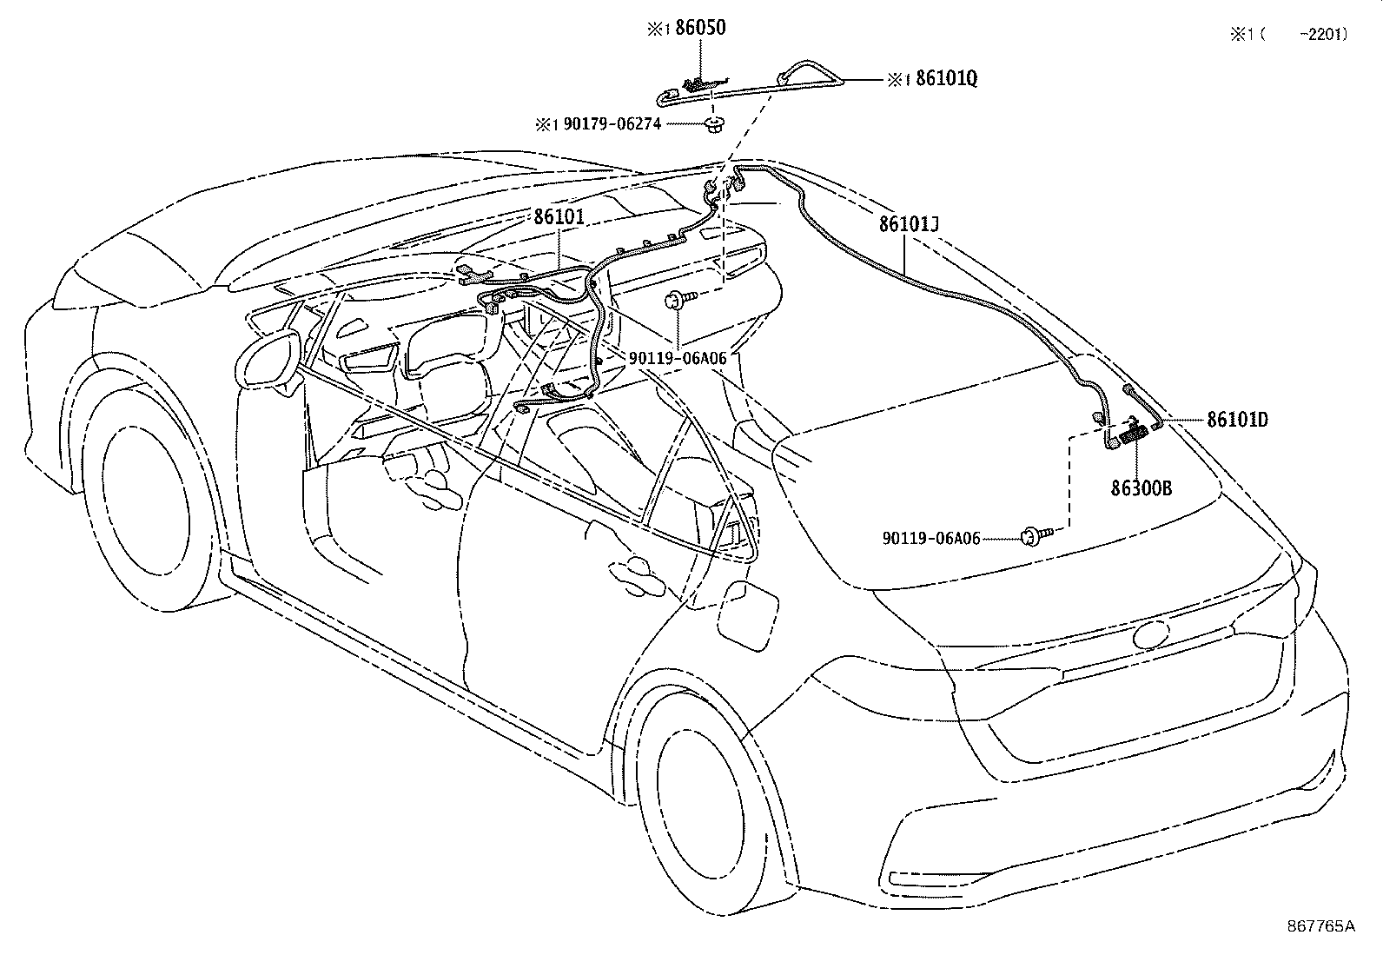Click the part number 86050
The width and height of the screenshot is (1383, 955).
(700, 28)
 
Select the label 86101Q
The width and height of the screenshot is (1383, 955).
(947, 78)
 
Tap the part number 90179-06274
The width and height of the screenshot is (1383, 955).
(612, 124)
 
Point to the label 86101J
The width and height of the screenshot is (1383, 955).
(909, 223)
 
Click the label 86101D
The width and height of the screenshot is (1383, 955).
(1237, 420)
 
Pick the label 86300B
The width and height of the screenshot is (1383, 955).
(1141, 488)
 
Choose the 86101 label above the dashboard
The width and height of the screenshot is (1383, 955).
(559, 217)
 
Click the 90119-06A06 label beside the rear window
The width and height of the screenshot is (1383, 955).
(931, 539)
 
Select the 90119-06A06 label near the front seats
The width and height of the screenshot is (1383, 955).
(678, 358)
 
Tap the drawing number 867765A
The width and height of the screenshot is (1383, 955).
(1320, 926)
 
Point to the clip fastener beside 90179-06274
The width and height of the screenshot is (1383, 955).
(714, 123)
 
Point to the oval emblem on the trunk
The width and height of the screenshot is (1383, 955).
(1151, 633)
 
